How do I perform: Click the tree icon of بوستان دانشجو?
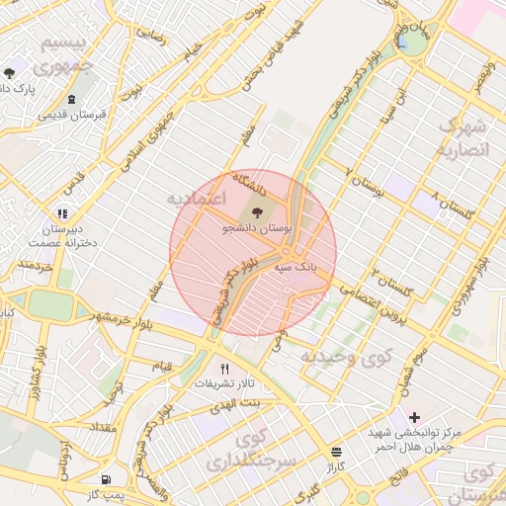258,211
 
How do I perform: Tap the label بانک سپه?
296,266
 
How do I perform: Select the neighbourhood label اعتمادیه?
197,200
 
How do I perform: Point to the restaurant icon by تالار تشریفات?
225,369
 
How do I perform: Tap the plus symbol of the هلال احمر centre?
414,418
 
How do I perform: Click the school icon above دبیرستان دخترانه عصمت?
62,212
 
